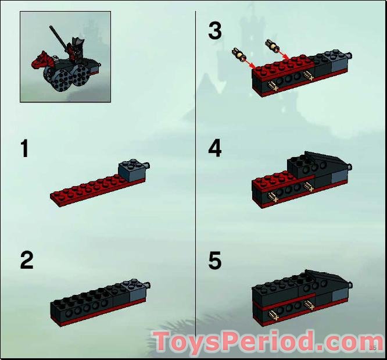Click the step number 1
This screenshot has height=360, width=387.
24,149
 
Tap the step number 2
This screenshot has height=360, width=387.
26,260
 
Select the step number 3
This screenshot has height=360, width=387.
215,31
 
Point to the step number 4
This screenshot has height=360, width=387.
215,148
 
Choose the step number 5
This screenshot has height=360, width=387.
215,261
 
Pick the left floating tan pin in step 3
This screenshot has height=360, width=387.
239,54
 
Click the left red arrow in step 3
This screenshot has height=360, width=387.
251,62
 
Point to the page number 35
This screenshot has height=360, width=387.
373,348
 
